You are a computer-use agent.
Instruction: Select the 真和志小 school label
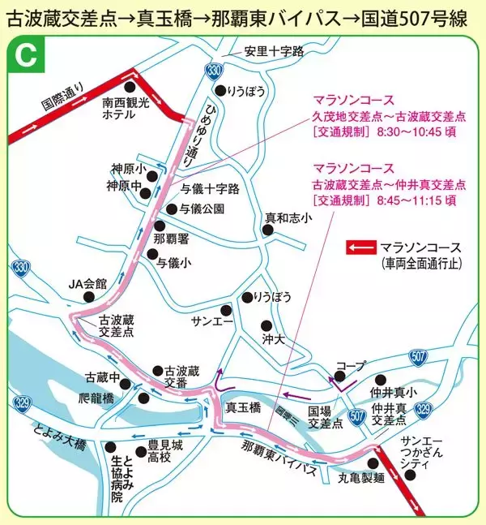tap(289, 217)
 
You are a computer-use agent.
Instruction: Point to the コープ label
tap(351, 367)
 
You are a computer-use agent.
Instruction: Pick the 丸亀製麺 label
tap(360, 479)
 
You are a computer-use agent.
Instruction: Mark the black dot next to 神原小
tap(150, 170)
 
